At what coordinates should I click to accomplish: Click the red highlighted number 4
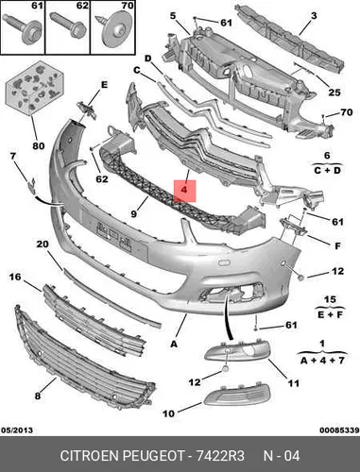(184, 190)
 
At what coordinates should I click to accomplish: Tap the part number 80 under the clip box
(39, 145)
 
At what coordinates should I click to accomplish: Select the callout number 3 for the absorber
(314, 15)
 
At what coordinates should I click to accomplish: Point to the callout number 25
(334, 93)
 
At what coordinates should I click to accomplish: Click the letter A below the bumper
(174, 345)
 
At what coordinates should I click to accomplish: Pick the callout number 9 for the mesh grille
(134, 214)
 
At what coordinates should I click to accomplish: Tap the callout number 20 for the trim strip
(43, 244)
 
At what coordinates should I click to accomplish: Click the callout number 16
(15, 277)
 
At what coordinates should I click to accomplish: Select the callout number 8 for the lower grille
(38, 396)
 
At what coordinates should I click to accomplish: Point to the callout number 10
(169, 413)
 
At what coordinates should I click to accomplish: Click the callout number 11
(294, 383)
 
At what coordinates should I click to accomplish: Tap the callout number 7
(12, 156)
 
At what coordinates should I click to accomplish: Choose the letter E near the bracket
(104, 85)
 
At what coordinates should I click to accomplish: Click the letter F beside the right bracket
(337, 245)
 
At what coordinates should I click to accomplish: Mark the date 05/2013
(17, 430)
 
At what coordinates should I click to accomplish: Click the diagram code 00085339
(339, 430)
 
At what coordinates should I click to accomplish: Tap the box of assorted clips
(34, 88)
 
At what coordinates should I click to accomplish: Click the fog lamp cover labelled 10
(237, 395)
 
